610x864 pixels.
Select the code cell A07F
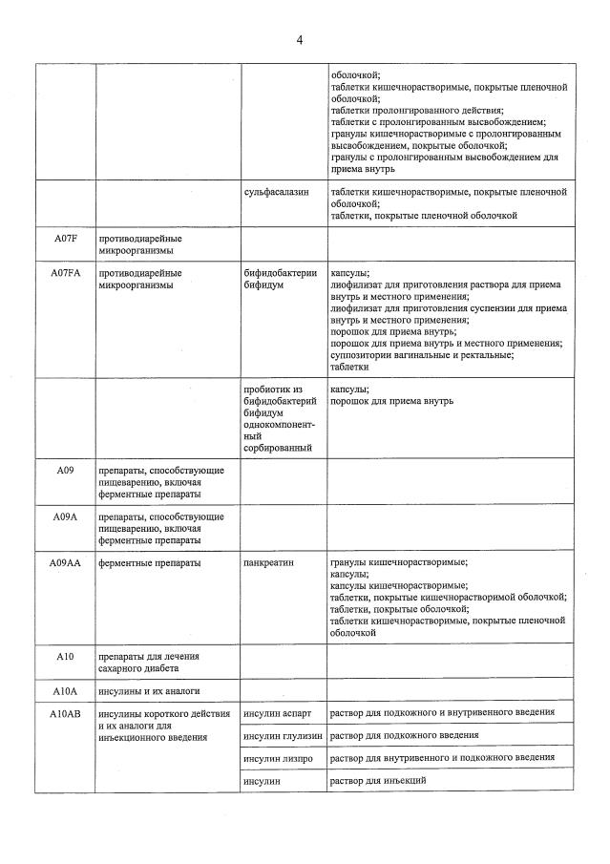click(x=65, y=239)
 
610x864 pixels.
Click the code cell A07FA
click(x=65, y=273)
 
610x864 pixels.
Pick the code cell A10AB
click(x=65, y=712)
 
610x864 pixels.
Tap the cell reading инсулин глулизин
click(x=284, y=735)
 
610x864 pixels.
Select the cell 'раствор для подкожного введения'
click(x=404, y=735)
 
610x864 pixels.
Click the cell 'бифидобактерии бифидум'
click(x=280, y=279)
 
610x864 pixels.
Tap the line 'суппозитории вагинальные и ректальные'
click(x=421, y=355)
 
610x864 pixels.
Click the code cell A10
click(x=65, y=656)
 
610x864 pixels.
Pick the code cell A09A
click(x=65, y=516)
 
